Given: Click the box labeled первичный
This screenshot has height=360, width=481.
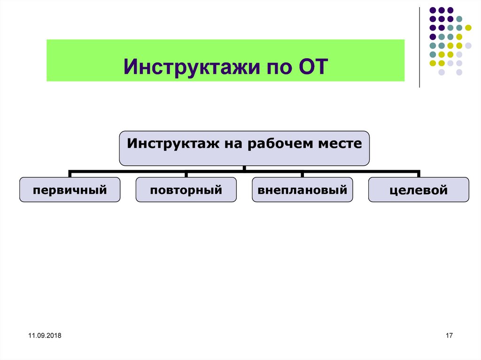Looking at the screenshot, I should click(70, 190).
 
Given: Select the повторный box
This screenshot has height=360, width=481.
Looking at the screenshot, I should click(186, 190).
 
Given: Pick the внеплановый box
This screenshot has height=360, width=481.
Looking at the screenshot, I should click(302, 190).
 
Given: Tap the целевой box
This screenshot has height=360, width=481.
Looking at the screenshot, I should click(419, 190).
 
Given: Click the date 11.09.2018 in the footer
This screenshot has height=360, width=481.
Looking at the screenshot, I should click(45, 336).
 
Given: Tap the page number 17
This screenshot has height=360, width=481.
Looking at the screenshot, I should click(448, 336).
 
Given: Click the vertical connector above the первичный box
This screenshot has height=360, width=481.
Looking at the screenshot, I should click(70, 174).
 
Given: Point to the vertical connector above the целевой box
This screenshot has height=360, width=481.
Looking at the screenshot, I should click(419, 174).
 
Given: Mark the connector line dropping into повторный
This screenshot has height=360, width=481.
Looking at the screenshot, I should click(186, 174).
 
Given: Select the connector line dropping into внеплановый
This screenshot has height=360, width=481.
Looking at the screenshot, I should click(302, 174).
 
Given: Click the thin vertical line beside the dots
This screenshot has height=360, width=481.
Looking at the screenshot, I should click(419, 47).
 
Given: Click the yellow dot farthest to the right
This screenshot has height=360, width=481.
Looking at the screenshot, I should click(468, 28).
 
